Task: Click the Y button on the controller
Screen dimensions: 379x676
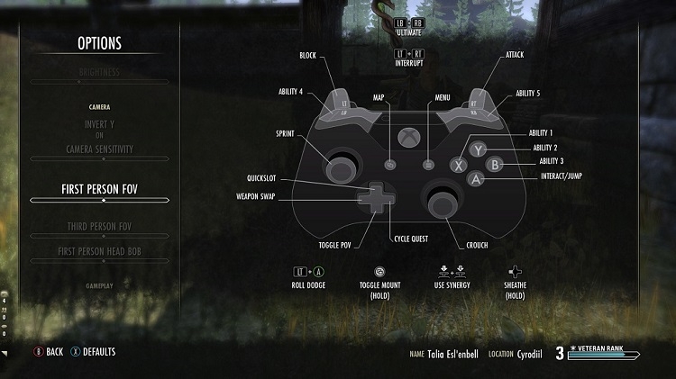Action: pyautogui.click(x=479, y=150)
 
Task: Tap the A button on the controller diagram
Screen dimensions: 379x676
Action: pyautogui.click(x=477, y=178)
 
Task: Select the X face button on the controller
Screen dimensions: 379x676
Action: pyautogui.click(x=459, y=165)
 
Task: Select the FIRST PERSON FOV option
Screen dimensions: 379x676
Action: pyautogui.click(x=100, y=188)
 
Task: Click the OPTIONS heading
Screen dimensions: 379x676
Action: pyautogui.click(x=99, y=43)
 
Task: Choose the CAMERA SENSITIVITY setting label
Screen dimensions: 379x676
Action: pyautogui.click(x=100, y=148)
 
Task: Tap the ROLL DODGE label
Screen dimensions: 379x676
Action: pyautogui.click(x=308, y=285)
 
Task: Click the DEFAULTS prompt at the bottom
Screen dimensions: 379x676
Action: pyautogui.click(x=98, y=352)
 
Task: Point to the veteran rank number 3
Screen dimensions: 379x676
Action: pyautogui.click(x=559, y=353)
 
